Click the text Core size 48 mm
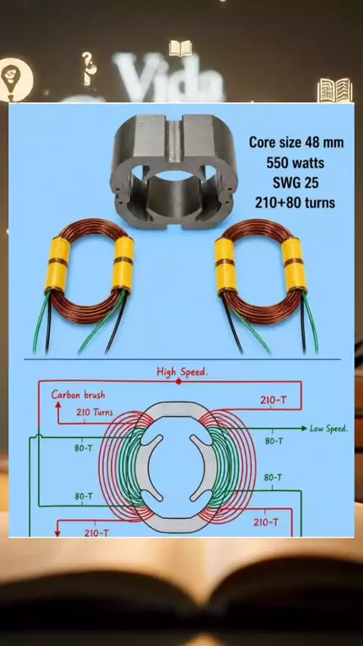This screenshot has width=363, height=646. pos(296,143)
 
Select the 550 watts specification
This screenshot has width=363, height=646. pos(295,163)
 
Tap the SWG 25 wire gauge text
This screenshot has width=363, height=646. pos(295,182)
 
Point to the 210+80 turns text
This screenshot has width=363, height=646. pos(295,203)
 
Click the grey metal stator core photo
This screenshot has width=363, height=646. pos(174,172)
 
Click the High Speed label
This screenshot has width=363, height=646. pos(182,371)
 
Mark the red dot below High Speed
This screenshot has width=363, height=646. pos(178,381)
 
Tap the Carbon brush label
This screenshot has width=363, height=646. pos(79,395)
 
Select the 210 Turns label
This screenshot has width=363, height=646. pos(95,412)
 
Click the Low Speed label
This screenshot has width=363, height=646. pos(329,428)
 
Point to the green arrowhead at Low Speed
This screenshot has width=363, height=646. pos(305,428)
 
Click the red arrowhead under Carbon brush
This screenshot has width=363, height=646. pos(58,405)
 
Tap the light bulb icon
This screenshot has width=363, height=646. pos(16,79)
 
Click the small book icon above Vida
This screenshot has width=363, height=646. pos(180,48)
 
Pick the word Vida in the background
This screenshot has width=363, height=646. pos(169,77)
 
